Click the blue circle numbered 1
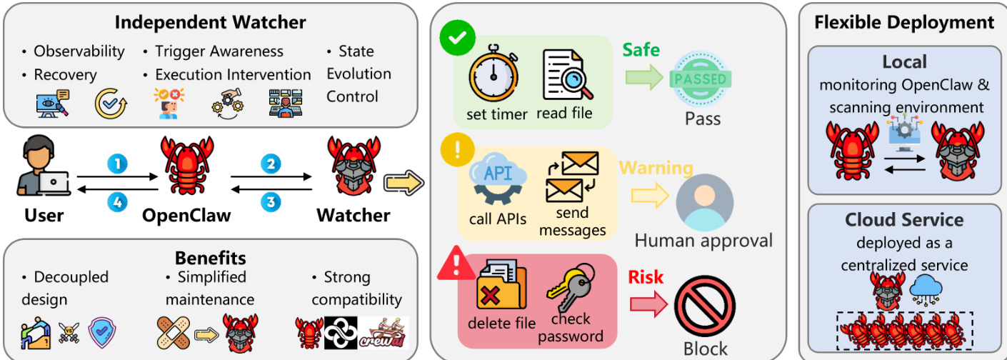click(x=117, y=164)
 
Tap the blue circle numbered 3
click(x=270, y=202)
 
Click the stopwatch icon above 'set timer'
click(x=493, y=76)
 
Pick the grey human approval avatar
click(x=704, y=201)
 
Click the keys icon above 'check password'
click(x=570, y=289)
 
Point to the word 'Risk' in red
click(x=646, y=277)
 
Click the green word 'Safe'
click(x=641, y=50)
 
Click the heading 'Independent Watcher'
click(x=210, y=22)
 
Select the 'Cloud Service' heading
click(x=903, y=219)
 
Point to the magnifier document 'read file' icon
click(x=568, y=76)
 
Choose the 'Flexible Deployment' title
click(x=904, y=22)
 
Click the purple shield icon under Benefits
click(x=102, y=332)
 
